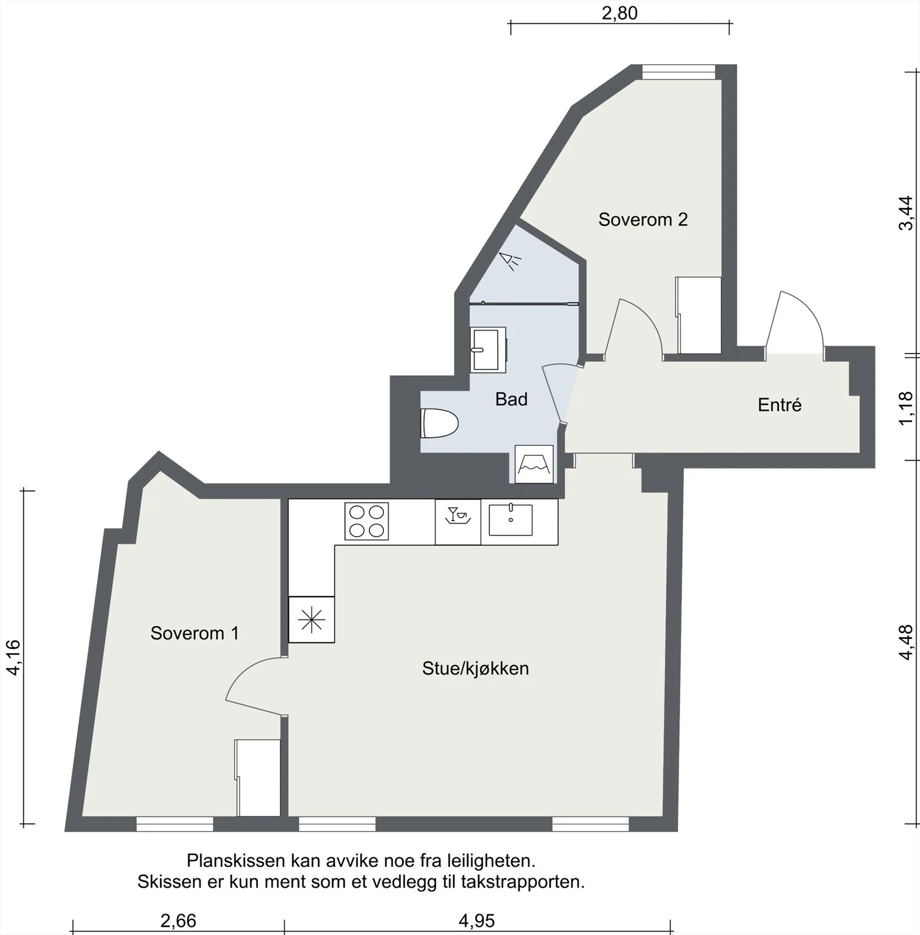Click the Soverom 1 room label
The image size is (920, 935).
click(x=195, y=633)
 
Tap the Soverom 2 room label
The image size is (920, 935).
click(x=643, y=219)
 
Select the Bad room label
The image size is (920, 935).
click(x=511, y=399)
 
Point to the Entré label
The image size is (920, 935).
click(x=780, y=404)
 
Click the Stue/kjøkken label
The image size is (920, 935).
click(x=475, y=668)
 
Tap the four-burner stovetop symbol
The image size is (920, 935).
click(x=366, y=521)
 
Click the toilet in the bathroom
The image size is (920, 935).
click(x=439, y=423)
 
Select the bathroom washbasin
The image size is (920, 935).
click(x=488, y=349)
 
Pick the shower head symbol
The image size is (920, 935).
click(x=510, y=261)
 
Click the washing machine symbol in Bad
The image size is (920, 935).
click(x=534, y=464)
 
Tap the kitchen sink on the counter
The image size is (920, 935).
click(x=511, y=520)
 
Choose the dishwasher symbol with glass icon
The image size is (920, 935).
click(x=458, y=522)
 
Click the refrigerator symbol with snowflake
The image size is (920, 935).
click(x=312, y=619)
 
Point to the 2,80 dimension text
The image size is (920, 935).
click(x=620, y=13)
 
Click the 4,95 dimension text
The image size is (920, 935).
click(x=476, y=921)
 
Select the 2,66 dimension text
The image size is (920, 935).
click(x=178, y=921)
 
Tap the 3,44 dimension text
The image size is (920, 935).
click(x=905, y=213)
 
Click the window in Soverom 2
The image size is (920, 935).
click(x=679, y=72)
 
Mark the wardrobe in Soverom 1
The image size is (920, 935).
click(x=258, y=778)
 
